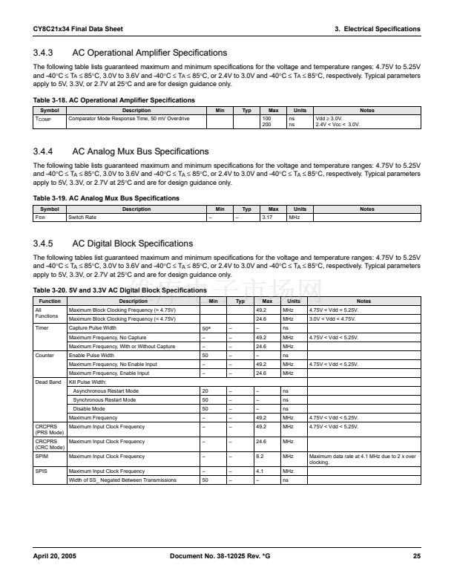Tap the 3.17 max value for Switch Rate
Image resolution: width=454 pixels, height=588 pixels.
(x=269, y=218)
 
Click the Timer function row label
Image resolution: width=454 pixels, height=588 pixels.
(x=43, y=327)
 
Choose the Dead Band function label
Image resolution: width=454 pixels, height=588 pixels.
(x=47, y=382)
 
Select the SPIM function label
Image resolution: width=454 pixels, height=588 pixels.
(x=43, y=456)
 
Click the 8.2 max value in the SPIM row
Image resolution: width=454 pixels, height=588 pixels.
(x=260, y=456)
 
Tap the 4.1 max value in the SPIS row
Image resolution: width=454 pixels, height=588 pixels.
(x=260, y=471)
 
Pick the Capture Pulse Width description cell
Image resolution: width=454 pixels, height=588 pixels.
(x=93, y=327)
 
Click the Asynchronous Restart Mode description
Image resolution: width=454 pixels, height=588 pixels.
(x=106, y=391)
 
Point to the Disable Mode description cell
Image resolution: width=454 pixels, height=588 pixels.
(x=88, y=408)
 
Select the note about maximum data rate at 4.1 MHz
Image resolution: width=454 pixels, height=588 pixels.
(x=362, y=459)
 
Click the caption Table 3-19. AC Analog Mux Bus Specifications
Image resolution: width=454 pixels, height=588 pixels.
(x=106, y=198)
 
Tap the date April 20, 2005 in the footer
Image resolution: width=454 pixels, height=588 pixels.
(x=54, y=556)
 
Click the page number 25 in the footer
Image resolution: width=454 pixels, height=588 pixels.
(x=416, y=556)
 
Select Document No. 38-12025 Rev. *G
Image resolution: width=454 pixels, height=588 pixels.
(x=220, y=556)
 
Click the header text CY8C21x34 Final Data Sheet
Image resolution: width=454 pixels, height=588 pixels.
(x=78, y=29)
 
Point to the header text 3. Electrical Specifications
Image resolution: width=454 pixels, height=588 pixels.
(x=377, y=29)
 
